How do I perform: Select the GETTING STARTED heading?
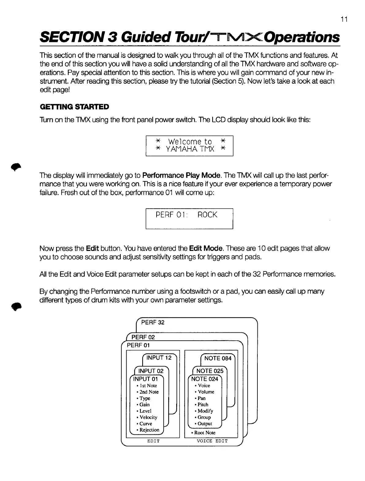point(74,107)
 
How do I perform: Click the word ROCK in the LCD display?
point(207,215)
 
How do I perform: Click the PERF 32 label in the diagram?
point(153,322)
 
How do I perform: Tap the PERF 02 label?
point(143,337)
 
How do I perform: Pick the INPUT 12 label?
point(159,358)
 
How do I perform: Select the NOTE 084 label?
point(218,358)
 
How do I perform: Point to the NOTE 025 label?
point(210,371)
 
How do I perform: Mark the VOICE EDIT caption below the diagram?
point(212,441)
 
